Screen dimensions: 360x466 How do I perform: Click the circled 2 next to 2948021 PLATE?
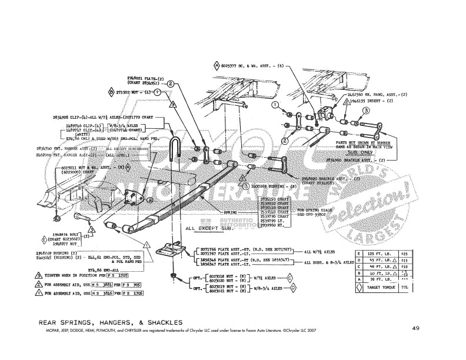point(171,84)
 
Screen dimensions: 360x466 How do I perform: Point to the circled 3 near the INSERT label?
point(365,111)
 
